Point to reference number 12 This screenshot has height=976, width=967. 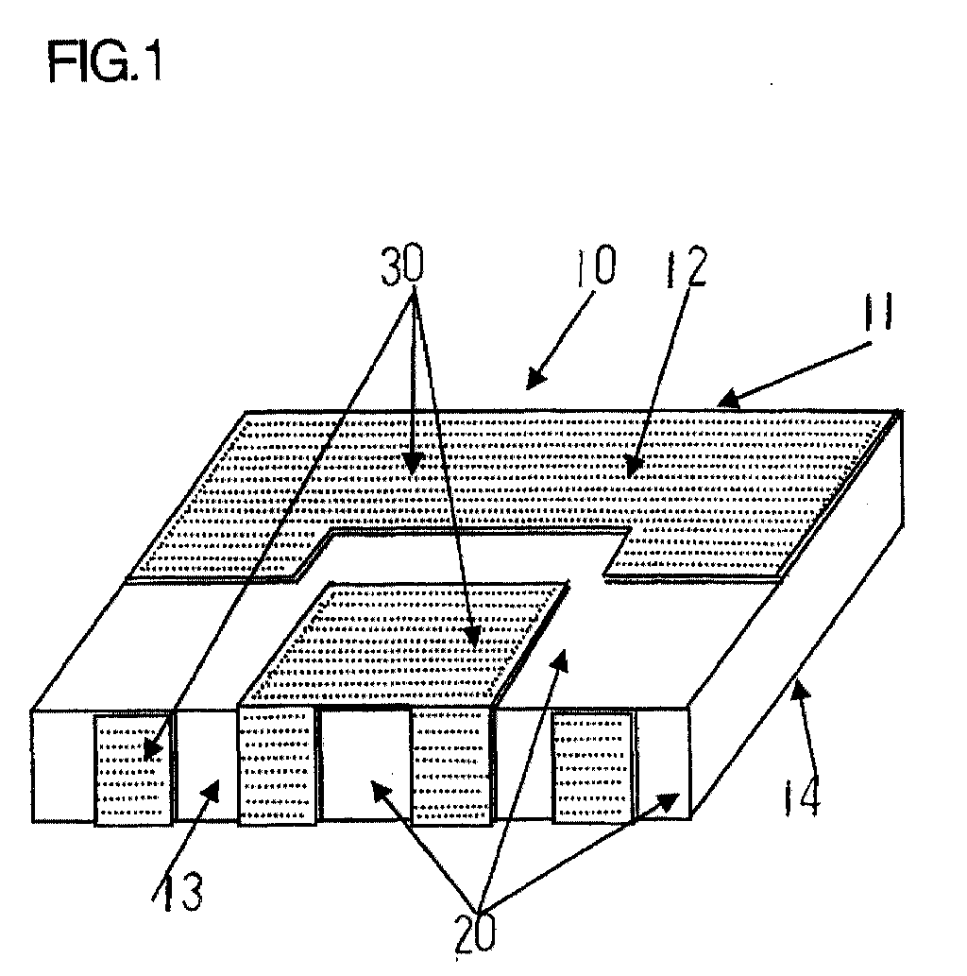click(681, 269)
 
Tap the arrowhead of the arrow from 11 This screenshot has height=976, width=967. click(725, 402)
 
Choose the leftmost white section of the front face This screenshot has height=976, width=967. click(62, 765)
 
